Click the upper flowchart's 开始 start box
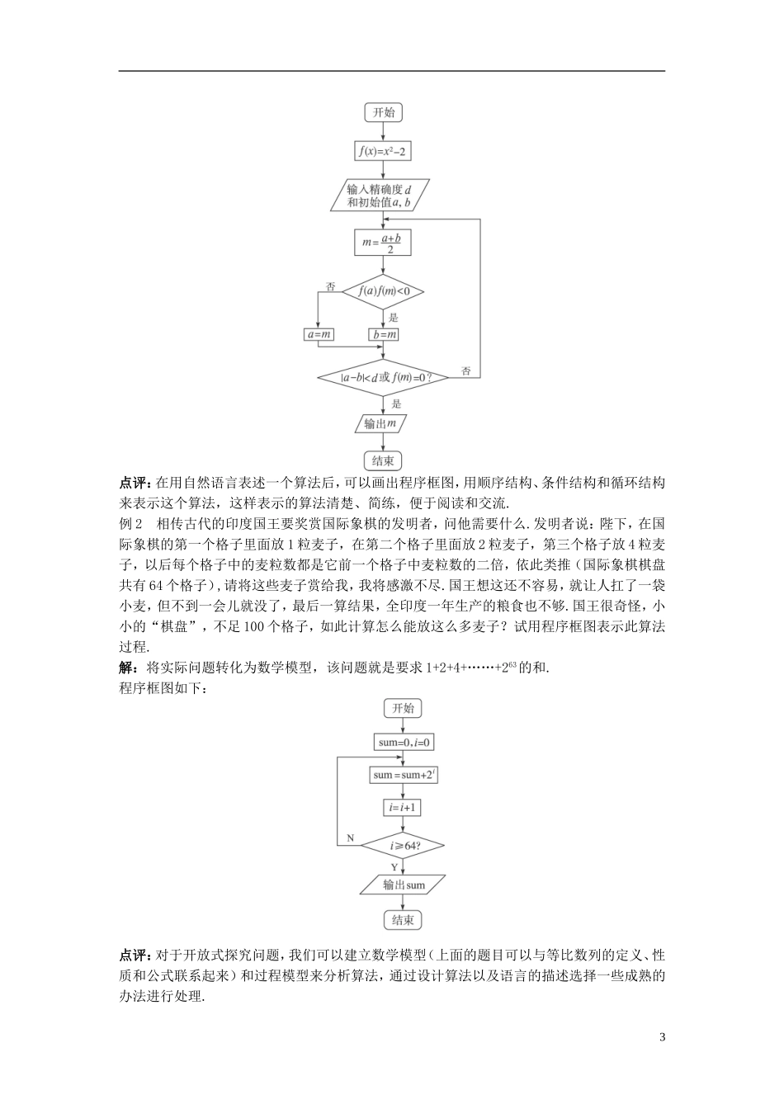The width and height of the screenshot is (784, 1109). (x=383, y=113)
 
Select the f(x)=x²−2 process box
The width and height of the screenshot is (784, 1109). (x=383, y=151)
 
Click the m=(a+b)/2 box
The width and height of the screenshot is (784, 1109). (x=383, y=243)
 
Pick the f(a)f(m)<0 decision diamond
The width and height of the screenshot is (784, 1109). (x=383, y=290)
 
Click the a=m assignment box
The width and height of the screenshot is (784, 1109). (x=319, y=334)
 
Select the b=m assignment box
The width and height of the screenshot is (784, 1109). (x=383, y=334)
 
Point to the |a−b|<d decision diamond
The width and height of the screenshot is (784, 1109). (x=383, y=377)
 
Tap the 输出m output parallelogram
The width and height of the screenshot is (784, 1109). (x=382, y=424)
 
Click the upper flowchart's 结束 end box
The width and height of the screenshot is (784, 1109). (x=383, y=460)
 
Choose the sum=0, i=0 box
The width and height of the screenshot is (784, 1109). (x=404, y=743)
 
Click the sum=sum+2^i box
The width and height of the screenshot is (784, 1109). (x=404, y=775)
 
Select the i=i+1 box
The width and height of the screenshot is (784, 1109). (x=404, y=808)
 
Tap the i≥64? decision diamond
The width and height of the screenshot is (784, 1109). (x=404, y=846)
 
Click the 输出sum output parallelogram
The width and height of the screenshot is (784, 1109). (x=404, y=885)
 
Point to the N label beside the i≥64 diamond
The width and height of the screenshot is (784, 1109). (x=350, y=838)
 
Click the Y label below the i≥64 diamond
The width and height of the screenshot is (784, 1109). (x=394, y=866)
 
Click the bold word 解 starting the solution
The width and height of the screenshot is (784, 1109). (x=126, y=668)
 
